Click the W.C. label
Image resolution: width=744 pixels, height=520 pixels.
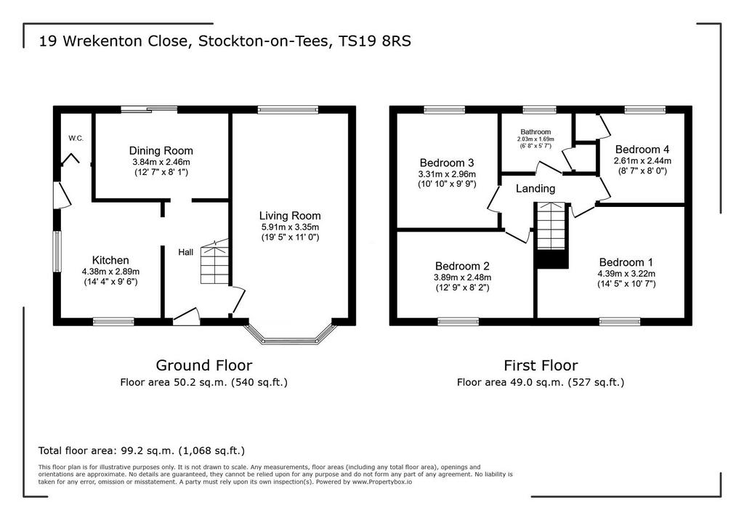click(x=76, y=139)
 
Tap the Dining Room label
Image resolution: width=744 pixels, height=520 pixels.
click(x=161, y=151)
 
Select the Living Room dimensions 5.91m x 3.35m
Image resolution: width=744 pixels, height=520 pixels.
click(x=290, y=227)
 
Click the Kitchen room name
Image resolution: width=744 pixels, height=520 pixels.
click(x=110, y=260)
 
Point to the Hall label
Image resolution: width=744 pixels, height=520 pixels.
click(x=185, y=253)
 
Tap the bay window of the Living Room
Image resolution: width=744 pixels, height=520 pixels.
click(x=290, y=334)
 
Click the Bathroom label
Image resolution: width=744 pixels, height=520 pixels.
click(x=535, y=132)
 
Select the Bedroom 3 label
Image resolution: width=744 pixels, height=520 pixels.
click(x=447, y=163)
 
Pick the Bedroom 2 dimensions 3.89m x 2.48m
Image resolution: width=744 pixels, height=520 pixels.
click(x=463, y=277)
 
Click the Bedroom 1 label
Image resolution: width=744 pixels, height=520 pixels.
click(x=626, y=262)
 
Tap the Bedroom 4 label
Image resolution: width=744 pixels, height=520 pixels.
click(x=642, y=150)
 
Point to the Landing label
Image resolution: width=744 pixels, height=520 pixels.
click(x=535, y=189)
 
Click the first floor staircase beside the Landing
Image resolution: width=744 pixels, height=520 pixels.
click(x=551, y=235)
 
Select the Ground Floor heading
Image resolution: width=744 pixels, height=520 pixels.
click(x=204, y=365)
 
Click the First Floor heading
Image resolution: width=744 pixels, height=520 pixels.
click(x=541, y=365)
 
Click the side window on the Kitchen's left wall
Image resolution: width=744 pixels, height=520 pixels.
click(x=57, y=251)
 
